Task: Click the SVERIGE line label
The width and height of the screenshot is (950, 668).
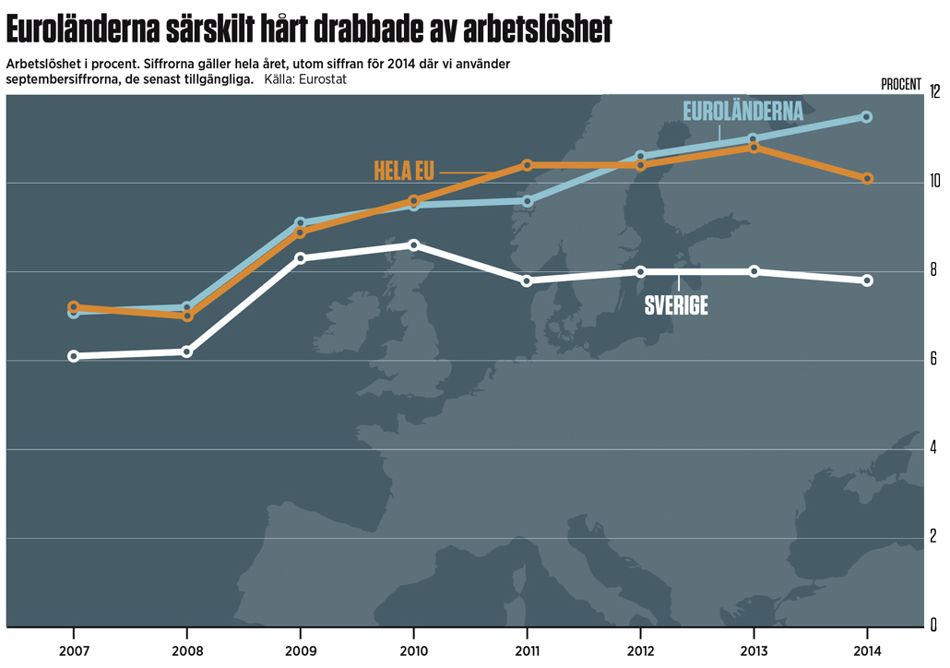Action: [x=676, y=306]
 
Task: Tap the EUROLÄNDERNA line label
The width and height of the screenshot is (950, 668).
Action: [x=742, y=112]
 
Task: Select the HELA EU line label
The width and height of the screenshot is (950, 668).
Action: [x=405, y=171]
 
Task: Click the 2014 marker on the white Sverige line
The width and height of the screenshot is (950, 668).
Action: [x=867, y=280]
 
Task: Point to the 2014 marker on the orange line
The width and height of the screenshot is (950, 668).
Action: [x=867, y=179]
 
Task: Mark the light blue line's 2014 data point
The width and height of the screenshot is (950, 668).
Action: [x=867, y=117]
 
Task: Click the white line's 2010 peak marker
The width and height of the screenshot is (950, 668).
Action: [x=414, y=245]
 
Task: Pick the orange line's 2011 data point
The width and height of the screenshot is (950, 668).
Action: [x=527, y=165]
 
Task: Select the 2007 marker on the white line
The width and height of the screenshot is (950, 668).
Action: [x=74, y=356]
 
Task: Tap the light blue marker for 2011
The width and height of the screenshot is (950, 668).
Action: [x=527, y=201]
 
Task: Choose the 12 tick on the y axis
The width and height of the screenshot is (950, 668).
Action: [x=934, y=92]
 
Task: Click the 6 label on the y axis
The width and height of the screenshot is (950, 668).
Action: [x=934, y=360]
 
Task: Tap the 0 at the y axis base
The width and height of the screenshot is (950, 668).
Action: [x=934, y=626]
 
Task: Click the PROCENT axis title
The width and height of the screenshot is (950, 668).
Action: [x=901, y=84]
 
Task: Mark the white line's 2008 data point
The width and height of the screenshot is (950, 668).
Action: [x=187, y=352]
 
